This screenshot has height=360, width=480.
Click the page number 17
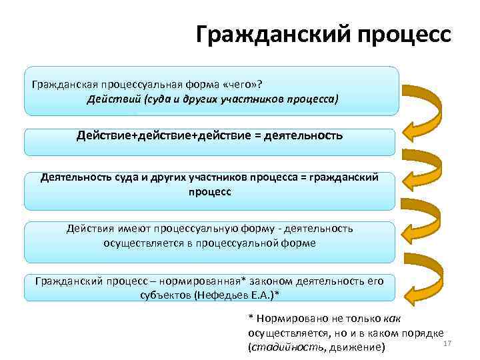[x=447, y=343]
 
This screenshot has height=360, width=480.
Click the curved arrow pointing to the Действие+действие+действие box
[x=427, y=111]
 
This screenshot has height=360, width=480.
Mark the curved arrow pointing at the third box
[x=427, y=167]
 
